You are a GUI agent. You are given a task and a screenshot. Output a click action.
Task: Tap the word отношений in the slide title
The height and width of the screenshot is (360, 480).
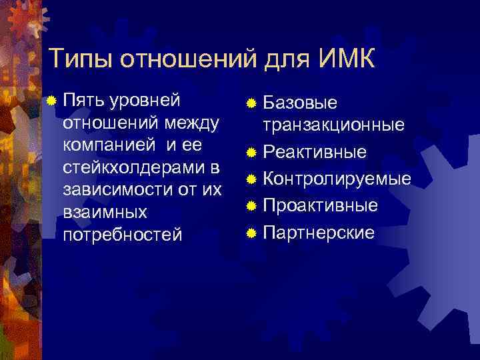[x=188, y=59]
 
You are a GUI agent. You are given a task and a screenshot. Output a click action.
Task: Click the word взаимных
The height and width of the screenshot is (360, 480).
[x=104, y=212]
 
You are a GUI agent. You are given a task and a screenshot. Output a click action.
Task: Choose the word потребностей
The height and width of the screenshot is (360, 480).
[x=121, y=234]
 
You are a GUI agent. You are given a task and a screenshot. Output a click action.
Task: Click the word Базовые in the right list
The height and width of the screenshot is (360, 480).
[x=300, y=103]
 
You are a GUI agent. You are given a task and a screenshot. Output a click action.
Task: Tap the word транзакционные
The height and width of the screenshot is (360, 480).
[x=333, y=125]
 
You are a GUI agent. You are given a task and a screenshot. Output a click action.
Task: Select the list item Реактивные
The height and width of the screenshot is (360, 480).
[x=315, y=153]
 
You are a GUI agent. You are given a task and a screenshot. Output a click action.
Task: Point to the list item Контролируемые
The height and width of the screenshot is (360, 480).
[x=337, y=179]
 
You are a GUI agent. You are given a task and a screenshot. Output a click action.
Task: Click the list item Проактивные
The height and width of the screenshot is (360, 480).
[x=320, y=205]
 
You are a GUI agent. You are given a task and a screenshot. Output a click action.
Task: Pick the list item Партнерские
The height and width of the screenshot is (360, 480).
[x=319, y=232]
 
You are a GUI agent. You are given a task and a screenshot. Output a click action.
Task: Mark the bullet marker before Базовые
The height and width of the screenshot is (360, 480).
[x=251, y=103]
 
